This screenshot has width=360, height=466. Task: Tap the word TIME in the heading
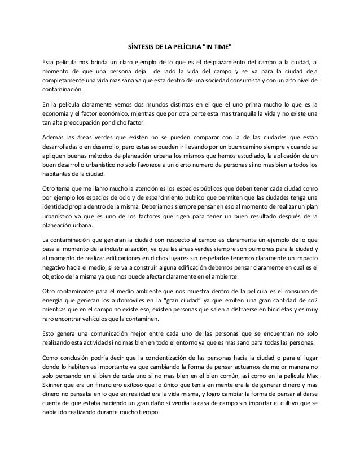click(220, 46)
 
